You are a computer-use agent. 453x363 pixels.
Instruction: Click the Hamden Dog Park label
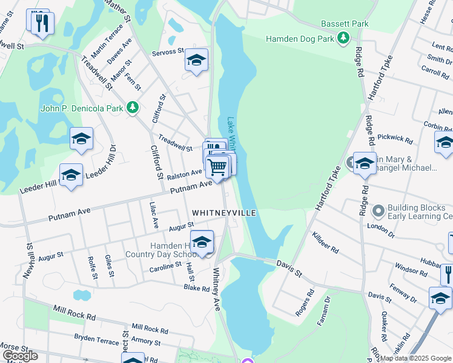300,39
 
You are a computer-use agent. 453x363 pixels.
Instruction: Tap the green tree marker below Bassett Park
343,39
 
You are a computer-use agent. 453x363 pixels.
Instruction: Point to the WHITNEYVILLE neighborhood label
224,213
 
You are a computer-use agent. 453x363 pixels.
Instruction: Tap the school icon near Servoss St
196,59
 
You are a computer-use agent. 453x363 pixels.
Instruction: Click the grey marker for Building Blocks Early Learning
379,211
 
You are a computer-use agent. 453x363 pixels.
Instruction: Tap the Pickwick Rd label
395,139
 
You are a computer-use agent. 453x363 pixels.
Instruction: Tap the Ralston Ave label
184,174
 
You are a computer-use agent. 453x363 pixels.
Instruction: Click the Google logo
20,356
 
